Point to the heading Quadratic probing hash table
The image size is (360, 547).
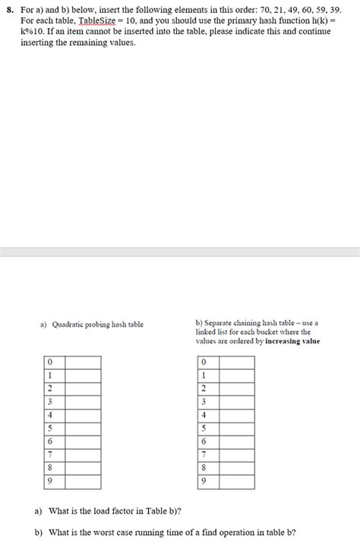click(x=97, y=326)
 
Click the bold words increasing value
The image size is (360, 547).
click(x=292, y=341)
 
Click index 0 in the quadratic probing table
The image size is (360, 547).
click(x=49, y=362)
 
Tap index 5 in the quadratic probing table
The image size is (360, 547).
click(x=49, y=428)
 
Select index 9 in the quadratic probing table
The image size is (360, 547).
click(x=49, y=482)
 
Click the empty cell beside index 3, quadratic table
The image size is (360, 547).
click(x=83, y=402)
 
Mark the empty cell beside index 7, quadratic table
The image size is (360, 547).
click(x=83, y=455)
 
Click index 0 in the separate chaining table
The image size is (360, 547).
click(x=204, y=362)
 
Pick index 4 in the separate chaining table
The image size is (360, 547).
click(x=204, y=415)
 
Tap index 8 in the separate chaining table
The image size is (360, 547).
click(x=204, y=468)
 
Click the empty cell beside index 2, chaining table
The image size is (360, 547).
click(x=237, y=388)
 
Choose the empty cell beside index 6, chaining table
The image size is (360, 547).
click(x=237, y=441)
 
